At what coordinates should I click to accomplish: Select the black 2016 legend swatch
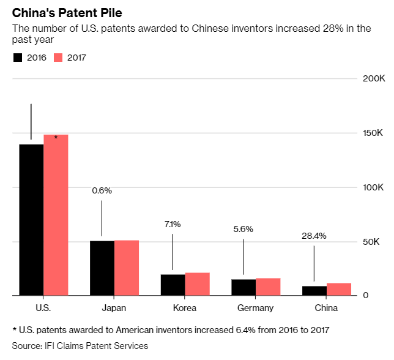click(x=18, y=58)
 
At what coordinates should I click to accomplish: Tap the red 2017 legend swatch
click(x=58, y=58)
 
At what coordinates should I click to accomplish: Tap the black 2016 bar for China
click(x=314, y=291)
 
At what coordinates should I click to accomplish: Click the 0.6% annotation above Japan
click(x=102, y=190)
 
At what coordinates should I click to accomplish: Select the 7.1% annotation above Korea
click(x=173, y=224)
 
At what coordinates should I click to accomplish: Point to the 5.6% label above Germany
click(x=243, y=229)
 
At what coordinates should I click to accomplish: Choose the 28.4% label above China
click(x=314, y=236)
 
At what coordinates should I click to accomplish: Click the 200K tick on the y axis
click(x=373, y=80)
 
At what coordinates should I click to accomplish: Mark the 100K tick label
click(x=373, y=188)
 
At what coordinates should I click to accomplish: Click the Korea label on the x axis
click(x=185, y=308)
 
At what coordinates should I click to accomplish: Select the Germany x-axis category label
click(x=256, y=308)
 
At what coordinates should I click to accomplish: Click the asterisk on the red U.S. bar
click(x=56, y=138)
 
